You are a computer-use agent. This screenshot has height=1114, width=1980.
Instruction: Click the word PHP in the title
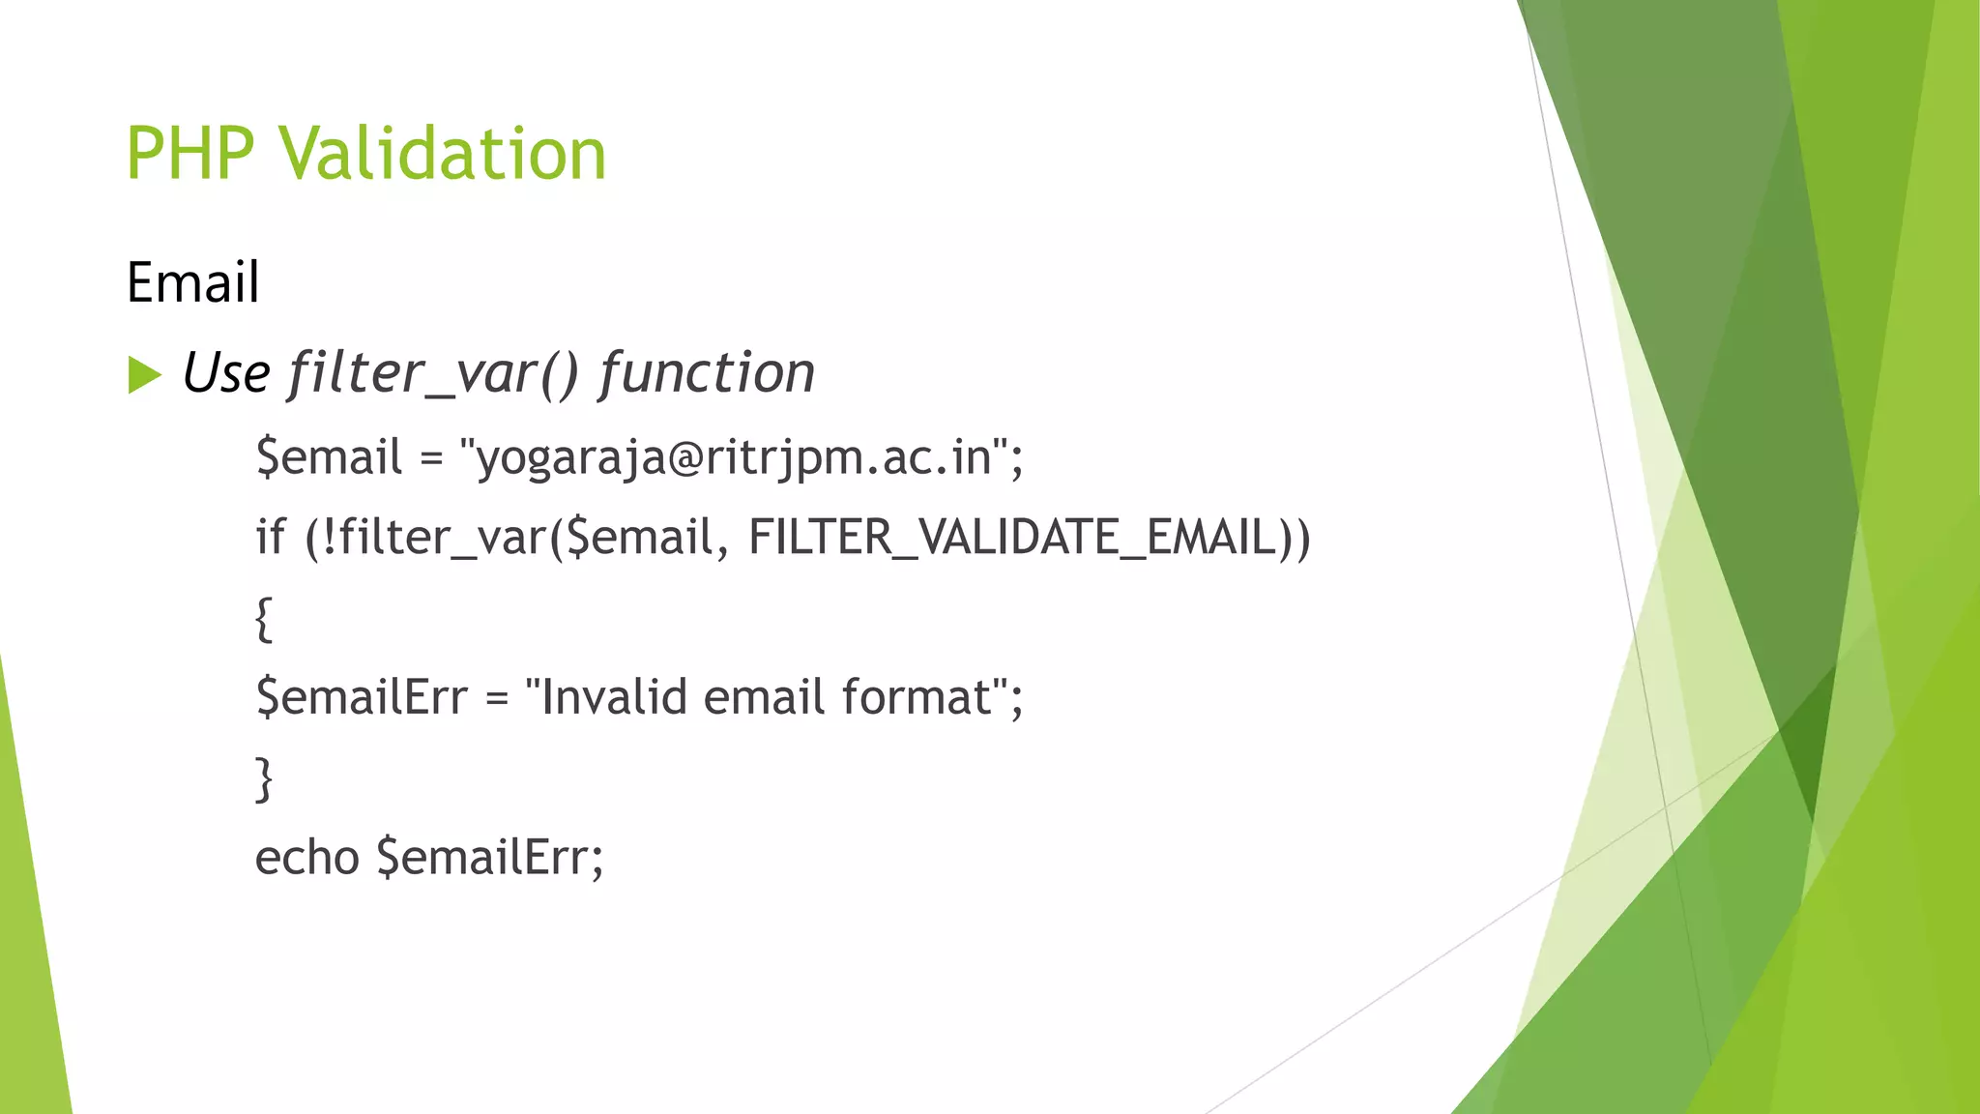(190, 154)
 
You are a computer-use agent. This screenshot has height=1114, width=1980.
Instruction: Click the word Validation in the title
(443, 154)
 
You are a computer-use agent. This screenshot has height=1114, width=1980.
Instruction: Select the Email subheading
(192, 282)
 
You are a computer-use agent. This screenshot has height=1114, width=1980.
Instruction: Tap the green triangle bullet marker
(144, 375)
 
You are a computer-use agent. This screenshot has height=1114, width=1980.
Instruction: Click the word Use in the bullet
(226, 373)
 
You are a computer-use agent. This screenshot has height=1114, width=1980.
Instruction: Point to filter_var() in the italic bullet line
(432, 373)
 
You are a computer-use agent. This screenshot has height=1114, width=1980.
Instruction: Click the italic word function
(707, 373)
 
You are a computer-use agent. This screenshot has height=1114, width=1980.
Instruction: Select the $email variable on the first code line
(329, 456)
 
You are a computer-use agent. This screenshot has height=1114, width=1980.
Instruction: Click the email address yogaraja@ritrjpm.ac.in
(735, 456)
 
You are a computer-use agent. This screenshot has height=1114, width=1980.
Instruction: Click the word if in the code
(270, 537)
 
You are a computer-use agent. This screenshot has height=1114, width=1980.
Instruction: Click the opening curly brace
(263, 619)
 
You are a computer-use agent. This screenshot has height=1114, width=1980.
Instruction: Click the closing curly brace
(263, 779)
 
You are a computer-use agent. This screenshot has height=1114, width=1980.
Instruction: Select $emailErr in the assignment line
(361, 697)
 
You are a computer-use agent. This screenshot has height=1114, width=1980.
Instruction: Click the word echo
(306, 858)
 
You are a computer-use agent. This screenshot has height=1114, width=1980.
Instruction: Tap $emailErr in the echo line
(489, 858)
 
